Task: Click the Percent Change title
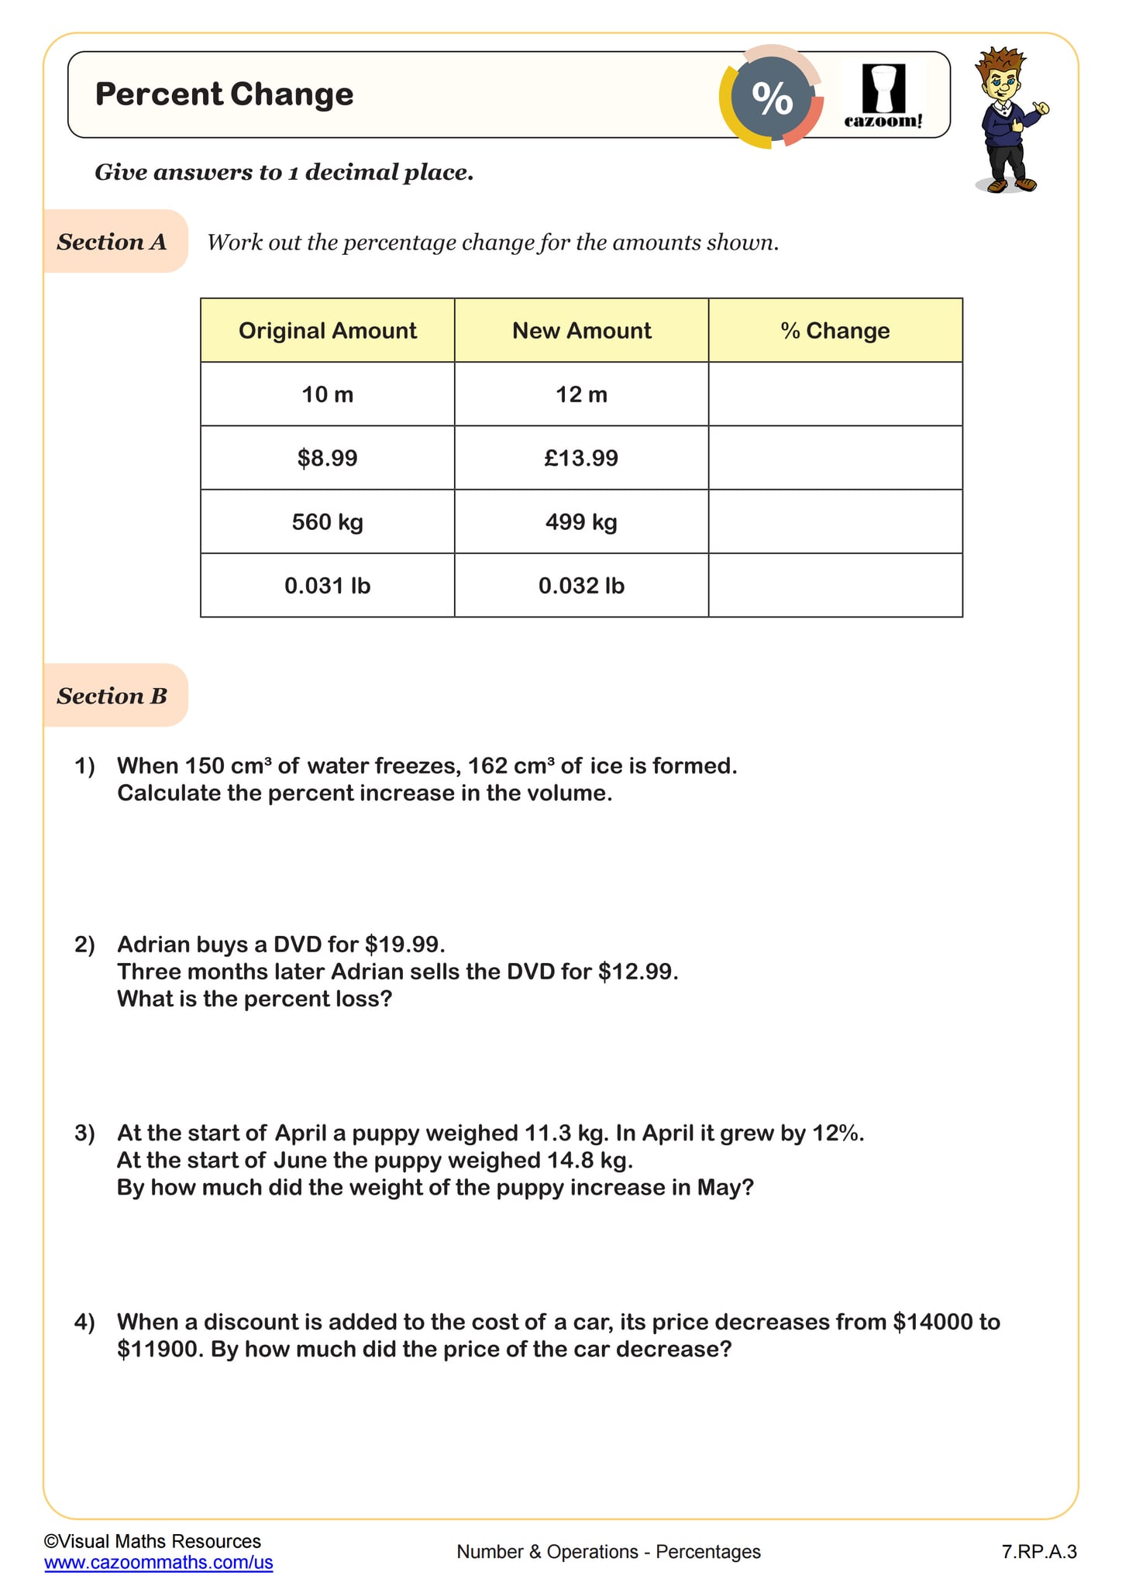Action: (224, 95)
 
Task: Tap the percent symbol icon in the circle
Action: (772, 99)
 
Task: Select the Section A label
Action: (112, 243)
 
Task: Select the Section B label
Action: (112, 696)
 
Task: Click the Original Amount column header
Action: (327, 331)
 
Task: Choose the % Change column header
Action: (835, 331)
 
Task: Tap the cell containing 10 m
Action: (327, 395)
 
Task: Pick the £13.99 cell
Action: (581, 459)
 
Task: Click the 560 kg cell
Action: (327, 522)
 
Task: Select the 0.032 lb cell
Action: (581, 586)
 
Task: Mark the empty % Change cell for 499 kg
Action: (835, 522)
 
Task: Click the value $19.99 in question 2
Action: (404, 944)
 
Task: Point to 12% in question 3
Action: (836, 1134)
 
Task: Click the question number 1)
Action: (84, 766)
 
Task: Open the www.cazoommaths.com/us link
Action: (159, 1562)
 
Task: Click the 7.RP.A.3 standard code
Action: (1039, 1552)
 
